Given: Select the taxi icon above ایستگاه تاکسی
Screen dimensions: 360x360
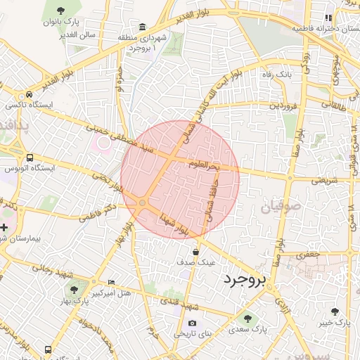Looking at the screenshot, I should (30, 94).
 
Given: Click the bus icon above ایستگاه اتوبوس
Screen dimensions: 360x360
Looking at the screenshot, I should (30, 158).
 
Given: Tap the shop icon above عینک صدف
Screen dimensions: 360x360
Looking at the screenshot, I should (195, 251).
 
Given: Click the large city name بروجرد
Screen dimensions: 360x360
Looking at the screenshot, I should (245, 281).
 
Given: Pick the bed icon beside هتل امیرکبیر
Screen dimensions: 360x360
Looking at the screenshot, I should (111, 283).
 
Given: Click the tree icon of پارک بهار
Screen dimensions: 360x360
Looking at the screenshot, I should (73, 290).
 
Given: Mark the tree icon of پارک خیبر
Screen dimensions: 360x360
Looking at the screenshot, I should (334, 311).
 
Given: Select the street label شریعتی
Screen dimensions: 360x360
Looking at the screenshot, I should (324, 180).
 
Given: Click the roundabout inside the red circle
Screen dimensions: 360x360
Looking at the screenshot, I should (143, 203).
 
